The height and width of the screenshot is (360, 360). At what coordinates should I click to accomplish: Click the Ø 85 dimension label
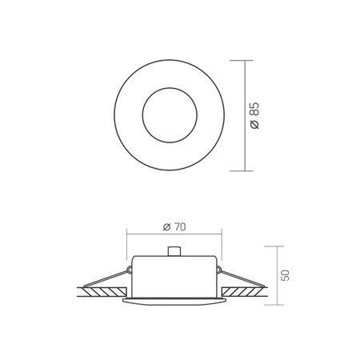tap(255, 115)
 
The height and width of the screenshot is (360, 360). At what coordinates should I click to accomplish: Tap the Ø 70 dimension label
tap(174, 227)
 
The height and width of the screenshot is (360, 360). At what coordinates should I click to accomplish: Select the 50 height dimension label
tap(285, 275)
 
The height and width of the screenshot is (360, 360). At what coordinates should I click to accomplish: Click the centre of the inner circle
tap(170, 115)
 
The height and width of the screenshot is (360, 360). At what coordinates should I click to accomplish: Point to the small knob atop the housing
tap(174, 251)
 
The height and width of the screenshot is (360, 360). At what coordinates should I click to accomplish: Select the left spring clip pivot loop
tap(130, 270)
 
